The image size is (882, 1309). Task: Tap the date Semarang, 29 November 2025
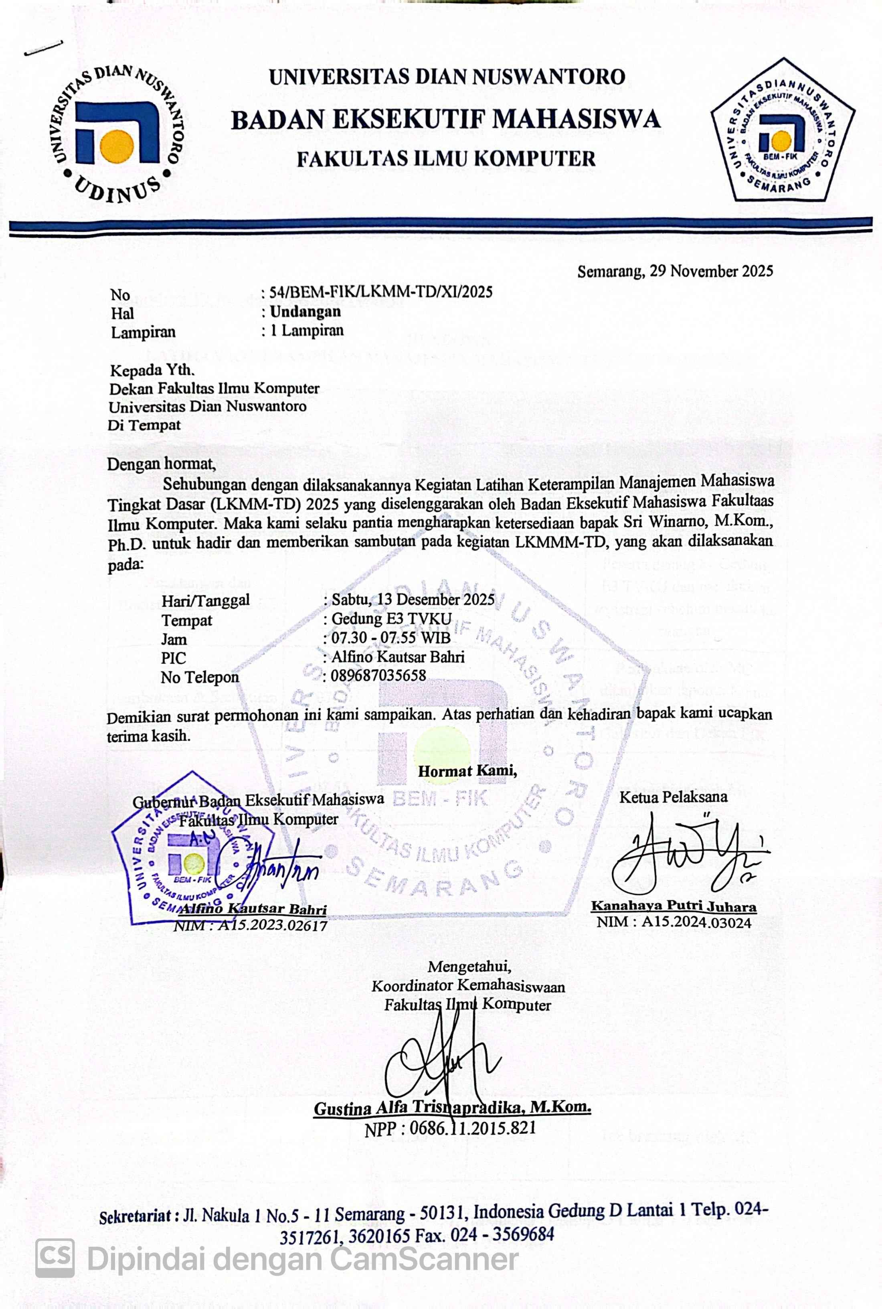pos(675,272)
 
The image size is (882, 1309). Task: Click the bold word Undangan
pos(305,311)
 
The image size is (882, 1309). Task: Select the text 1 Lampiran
pos(307,330)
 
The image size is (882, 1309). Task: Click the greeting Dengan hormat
pos(162,464)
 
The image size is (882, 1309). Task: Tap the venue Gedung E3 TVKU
pos(392,619)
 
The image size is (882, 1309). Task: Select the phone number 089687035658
pos(378,676)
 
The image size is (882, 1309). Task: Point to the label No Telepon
pos(200,677)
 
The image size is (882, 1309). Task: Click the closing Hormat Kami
pos(467,771)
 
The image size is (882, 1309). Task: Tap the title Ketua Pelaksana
pos(673,796)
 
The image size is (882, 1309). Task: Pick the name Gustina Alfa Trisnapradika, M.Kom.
pos(452,1108)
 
